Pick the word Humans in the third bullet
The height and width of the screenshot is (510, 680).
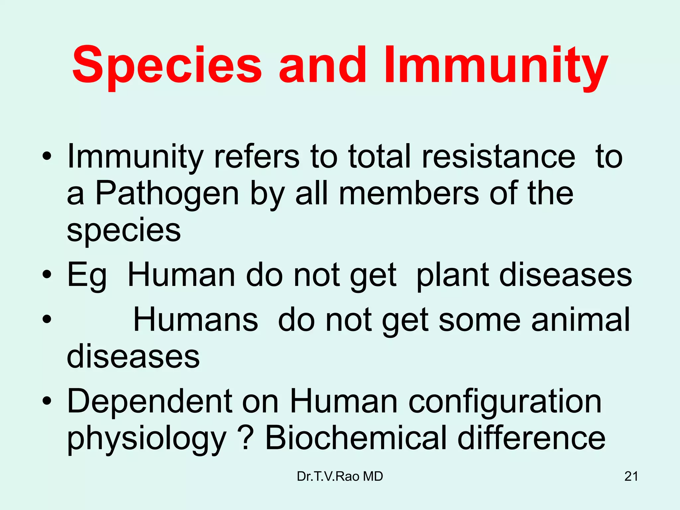coord(196,319)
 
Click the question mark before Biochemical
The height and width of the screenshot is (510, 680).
coord(246,438)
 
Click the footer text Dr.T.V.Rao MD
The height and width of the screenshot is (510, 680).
coord(340,476)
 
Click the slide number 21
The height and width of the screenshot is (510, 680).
coord(631,476)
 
